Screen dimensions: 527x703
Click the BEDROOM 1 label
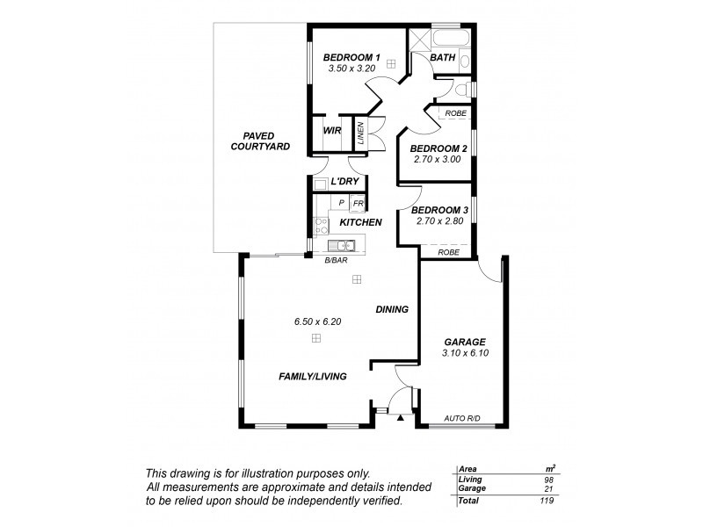(351, 56)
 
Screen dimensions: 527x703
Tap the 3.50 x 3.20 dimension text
(351, 69)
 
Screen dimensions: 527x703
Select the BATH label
(443, 58)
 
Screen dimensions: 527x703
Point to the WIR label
(332, 131)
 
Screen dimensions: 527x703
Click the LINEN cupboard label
(360, 133)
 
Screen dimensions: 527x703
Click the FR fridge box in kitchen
(357, 203)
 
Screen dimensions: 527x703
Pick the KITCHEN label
(360, 222)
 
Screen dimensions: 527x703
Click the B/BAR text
(335, 261)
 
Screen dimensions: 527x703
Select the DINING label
(393, 309)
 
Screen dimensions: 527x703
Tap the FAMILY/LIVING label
(312, 376)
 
